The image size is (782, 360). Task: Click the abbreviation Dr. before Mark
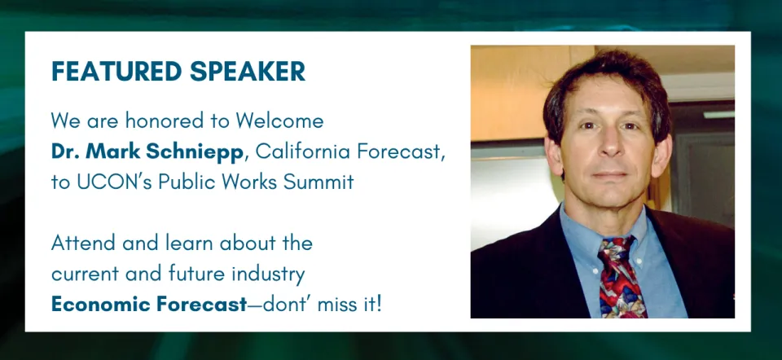point(65,151)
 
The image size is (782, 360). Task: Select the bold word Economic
point(96,305)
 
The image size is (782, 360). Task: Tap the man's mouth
point(609,176)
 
